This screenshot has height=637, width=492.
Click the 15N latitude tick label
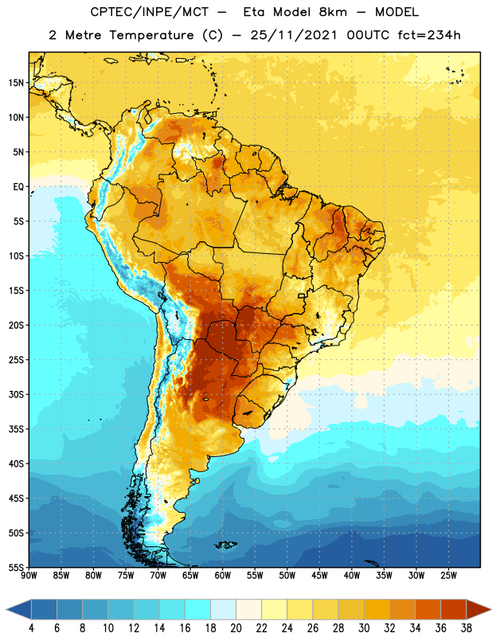click(16, 83)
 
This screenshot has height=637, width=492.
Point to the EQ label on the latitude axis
click(18, 187)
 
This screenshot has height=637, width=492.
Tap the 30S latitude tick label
click(16, 394)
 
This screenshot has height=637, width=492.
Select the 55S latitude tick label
click(16, 567)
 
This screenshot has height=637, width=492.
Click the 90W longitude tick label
click(29, 576)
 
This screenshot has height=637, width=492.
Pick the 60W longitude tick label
click(223, 576)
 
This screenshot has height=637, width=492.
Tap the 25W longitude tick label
click(448, 576)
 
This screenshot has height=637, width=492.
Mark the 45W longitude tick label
click(319, 576)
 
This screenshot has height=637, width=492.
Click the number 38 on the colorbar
click(467, 628)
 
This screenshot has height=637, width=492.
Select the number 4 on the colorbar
click(31, 628)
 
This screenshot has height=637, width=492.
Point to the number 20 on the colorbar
click(236, 628)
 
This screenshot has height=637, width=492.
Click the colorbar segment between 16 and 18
click(198, 609)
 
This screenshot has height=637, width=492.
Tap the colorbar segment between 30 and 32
click(377, 609)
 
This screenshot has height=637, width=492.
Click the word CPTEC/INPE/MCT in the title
click(149, 12)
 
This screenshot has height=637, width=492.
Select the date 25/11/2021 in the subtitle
click(294, 35)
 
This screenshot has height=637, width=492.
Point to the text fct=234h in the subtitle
click(429, 35)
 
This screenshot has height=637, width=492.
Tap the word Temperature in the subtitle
click(151, 36)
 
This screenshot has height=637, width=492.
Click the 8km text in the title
click(333, 12)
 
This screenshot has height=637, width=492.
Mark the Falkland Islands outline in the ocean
click(226, 545)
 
